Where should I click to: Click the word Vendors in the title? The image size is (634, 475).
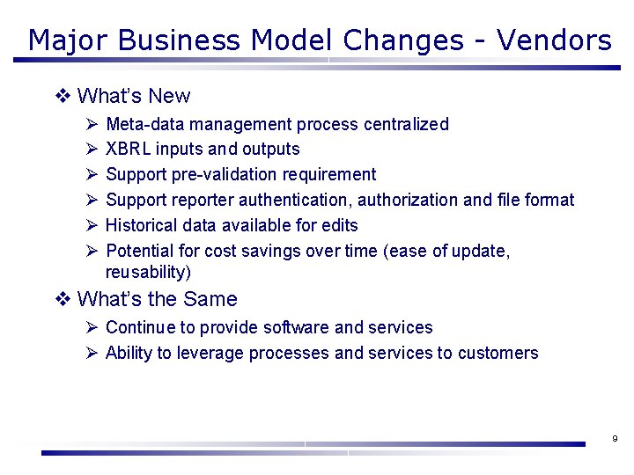pos(554,40)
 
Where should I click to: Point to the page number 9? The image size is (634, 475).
pos(614,438)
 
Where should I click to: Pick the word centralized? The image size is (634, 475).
pos(407,124)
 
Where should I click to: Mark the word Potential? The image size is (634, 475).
pos(138,251)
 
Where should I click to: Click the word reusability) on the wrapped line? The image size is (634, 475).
pos(148,272)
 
